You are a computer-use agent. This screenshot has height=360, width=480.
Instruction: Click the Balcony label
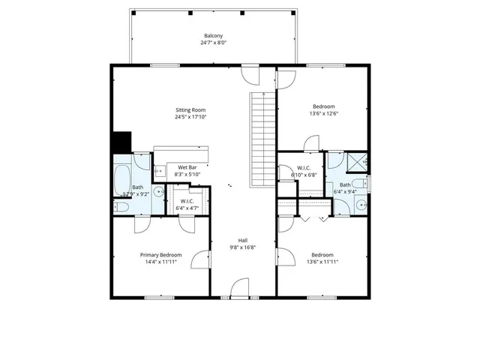point(213,36)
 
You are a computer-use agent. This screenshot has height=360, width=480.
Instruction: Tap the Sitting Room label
point(190,109)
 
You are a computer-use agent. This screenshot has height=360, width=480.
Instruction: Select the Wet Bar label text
point(187,167)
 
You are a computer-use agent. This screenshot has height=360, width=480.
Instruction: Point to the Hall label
point(243,240)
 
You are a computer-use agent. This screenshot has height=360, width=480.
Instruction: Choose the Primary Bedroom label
point(160,255)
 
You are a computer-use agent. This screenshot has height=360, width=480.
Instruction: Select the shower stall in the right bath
point(357,160)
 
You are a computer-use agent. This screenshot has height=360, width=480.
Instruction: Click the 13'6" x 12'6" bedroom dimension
point(323,114)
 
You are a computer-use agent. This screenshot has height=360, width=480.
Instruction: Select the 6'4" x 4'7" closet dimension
point(187,208)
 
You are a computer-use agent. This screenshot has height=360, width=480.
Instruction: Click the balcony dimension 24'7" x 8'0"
point(213,43)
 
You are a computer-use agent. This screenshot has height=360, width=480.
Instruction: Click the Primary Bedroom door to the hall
point(200,259)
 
